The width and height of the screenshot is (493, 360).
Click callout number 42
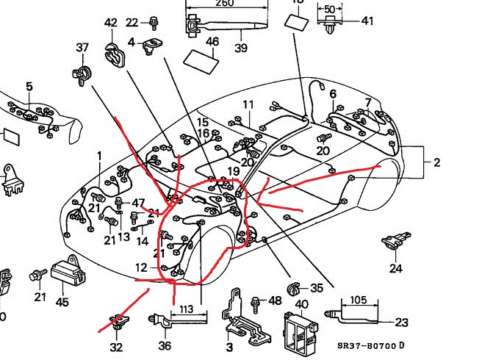point(111,23)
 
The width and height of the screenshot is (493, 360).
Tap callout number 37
point(82,48)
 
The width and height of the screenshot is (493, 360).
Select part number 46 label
point(212,42)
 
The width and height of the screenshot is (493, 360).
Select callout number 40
point(301,304)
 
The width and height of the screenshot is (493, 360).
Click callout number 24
point(396,268)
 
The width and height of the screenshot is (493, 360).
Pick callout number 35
point(317,288)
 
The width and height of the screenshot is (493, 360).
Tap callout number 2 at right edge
point(437,162)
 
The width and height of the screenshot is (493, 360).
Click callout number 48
point(275,300)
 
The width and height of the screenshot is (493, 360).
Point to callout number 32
point(116,347)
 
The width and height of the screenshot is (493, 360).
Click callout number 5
point(29,87)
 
